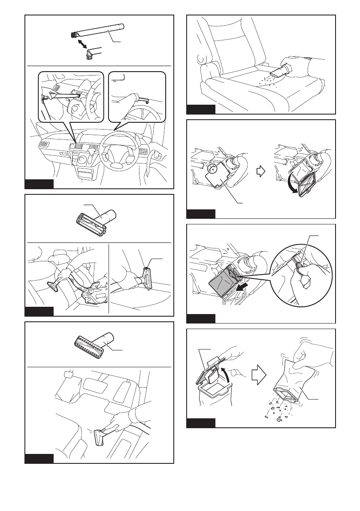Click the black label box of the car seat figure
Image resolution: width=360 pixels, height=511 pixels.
pos(201,109)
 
